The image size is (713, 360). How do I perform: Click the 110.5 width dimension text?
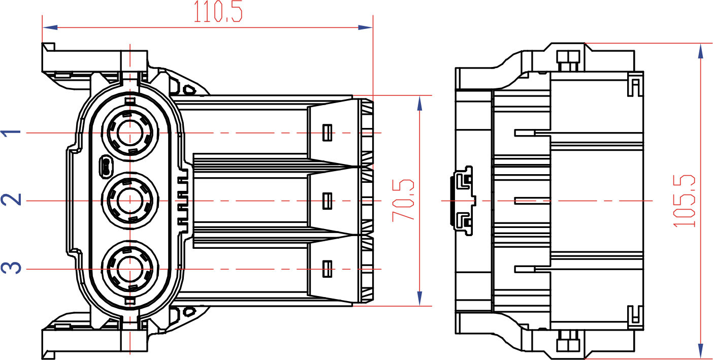218,12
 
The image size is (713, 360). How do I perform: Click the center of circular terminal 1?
131,133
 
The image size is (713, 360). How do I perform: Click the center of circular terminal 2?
131,201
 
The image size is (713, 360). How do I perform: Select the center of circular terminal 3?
131,269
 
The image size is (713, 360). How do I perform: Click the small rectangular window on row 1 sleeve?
328,133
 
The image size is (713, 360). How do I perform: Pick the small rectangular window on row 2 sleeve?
328,201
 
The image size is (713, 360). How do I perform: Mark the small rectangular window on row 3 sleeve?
328,269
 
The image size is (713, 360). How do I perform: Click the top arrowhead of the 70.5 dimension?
419,103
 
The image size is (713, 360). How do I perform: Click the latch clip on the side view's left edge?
463,201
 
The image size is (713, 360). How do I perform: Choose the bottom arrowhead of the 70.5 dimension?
419,298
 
